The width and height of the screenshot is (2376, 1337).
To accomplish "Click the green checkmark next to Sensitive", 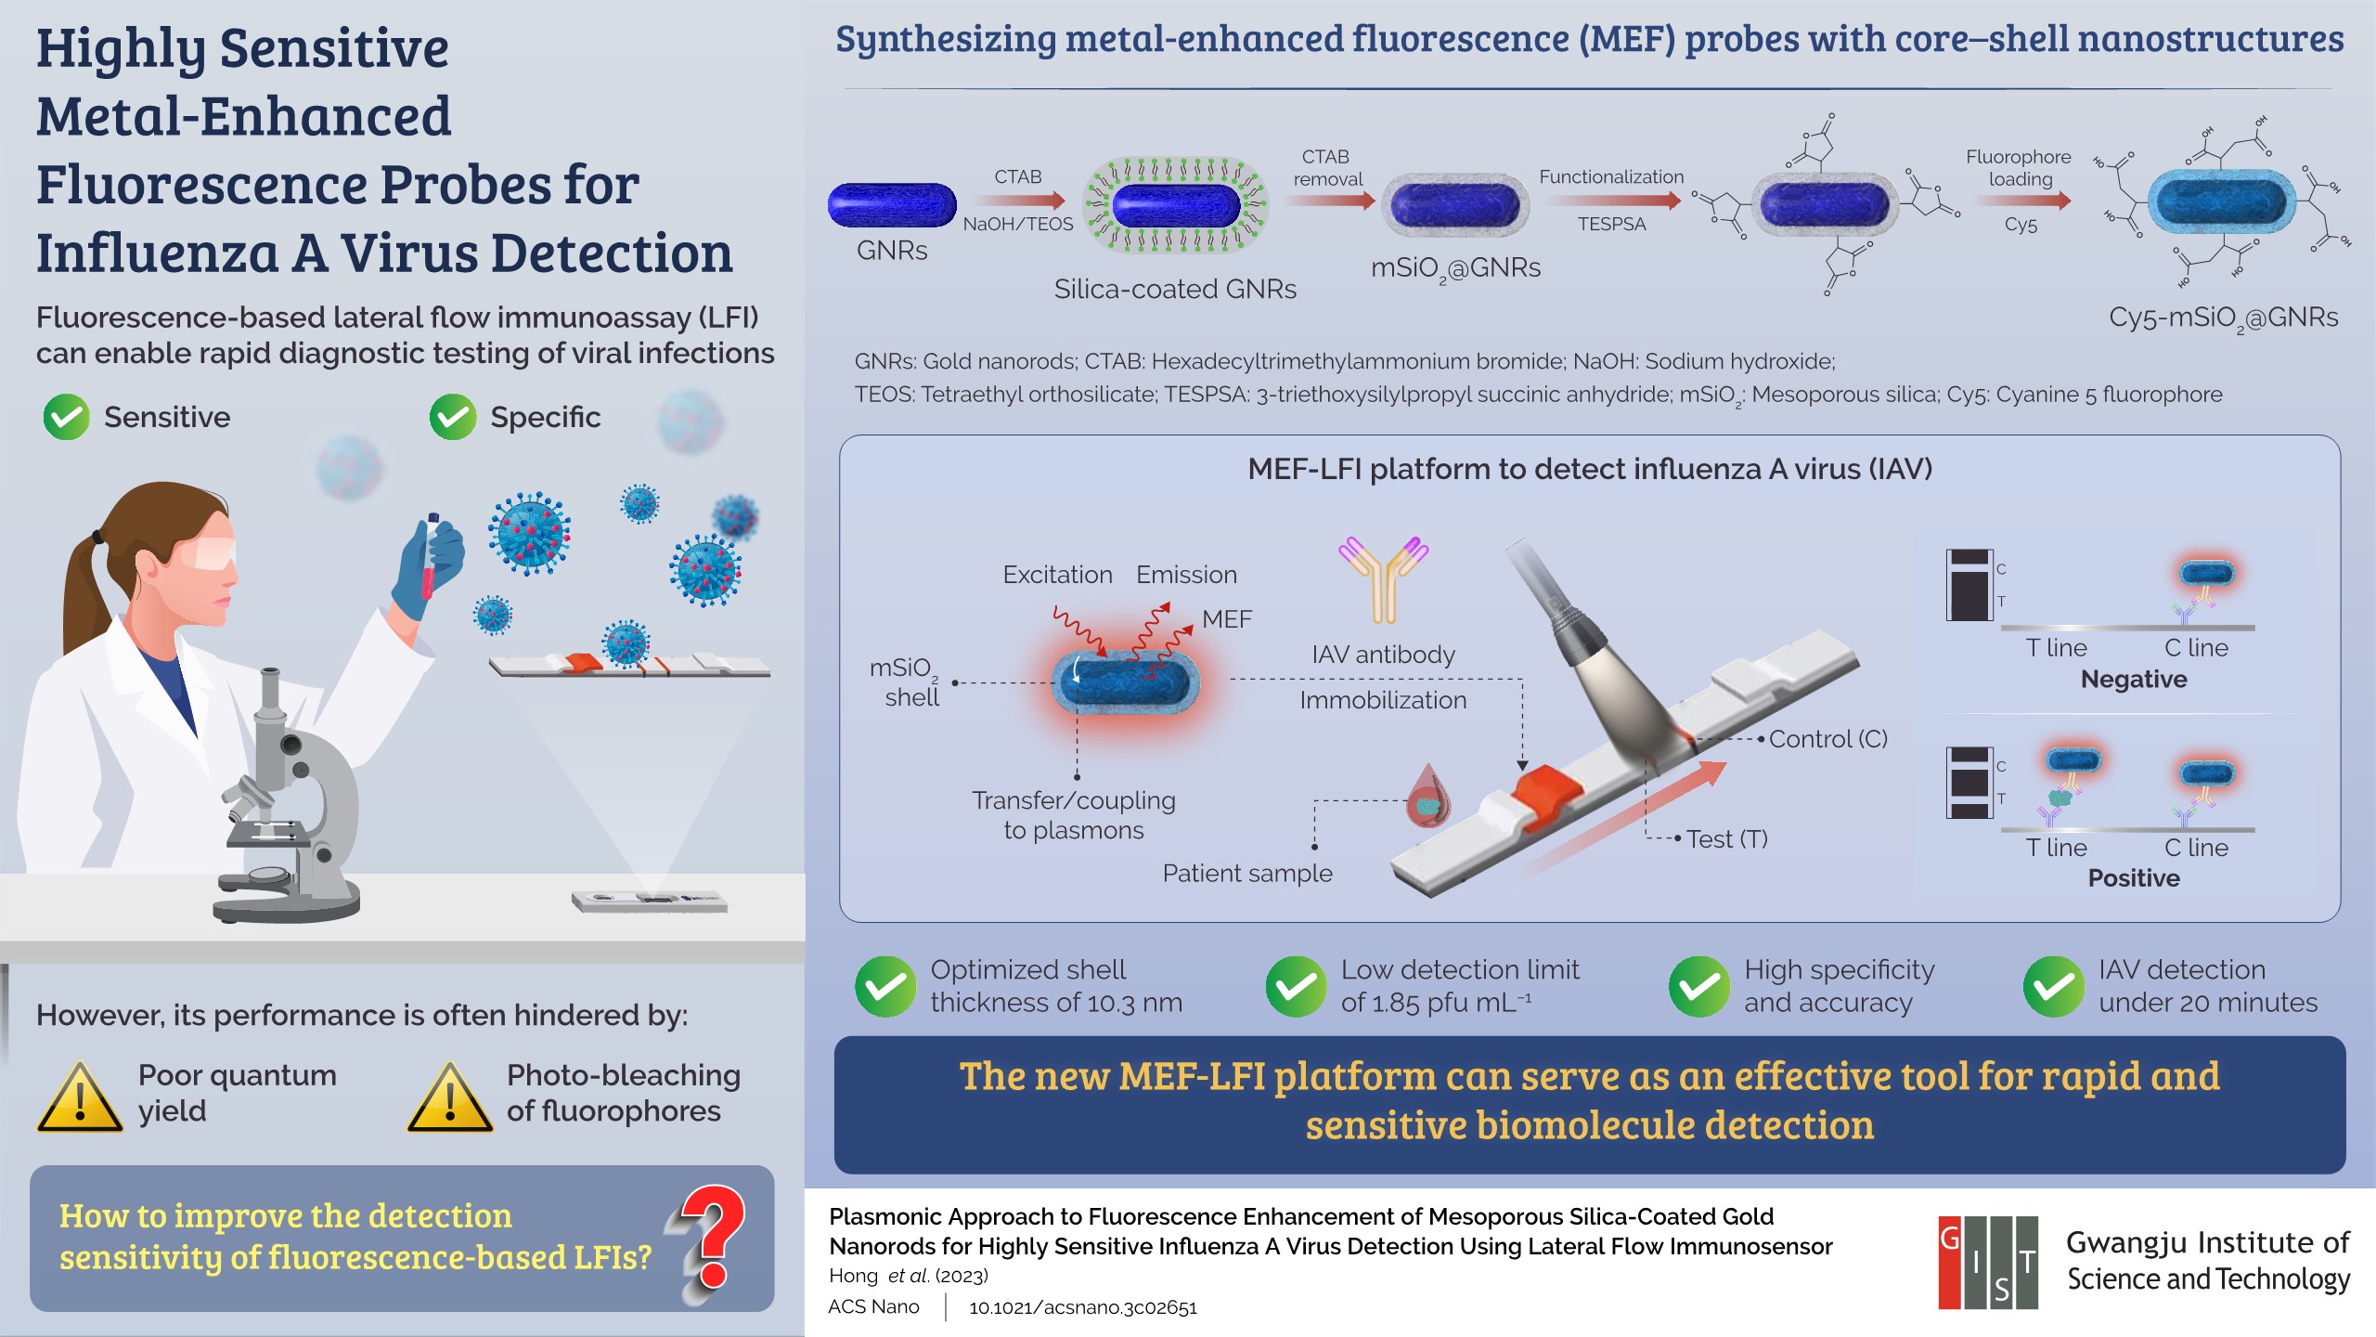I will (66, 417).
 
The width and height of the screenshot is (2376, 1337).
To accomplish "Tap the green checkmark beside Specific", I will (453, 417).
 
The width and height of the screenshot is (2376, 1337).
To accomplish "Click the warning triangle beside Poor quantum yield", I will (80, 1097).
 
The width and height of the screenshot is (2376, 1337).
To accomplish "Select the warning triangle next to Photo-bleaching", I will (450, 1097).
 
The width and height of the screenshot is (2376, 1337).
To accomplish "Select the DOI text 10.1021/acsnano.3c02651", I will (1083, 1307).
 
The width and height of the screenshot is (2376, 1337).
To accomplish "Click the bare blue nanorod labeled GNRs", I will (892, 205).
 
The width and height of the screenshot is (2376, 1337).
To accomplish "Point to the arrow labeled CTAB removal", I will (1328, 201).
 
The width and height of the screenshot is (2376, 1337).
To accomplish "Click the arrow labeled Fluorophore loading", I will (2021, 201).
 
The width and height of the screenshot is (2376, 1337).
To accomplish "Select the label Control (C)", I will (1827, 739).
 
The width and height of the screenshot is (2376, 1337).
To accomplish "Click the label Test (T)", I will (1726, 839).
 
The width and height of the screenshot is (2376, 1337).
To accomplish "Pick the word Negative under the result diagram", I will (2134, 680).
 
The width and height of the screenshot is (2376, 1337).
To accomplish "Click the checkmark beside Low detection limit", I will (1296, 986).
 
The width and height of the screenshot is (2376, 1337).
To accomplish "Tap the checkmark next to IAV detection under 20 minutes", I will (2053, 986).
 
